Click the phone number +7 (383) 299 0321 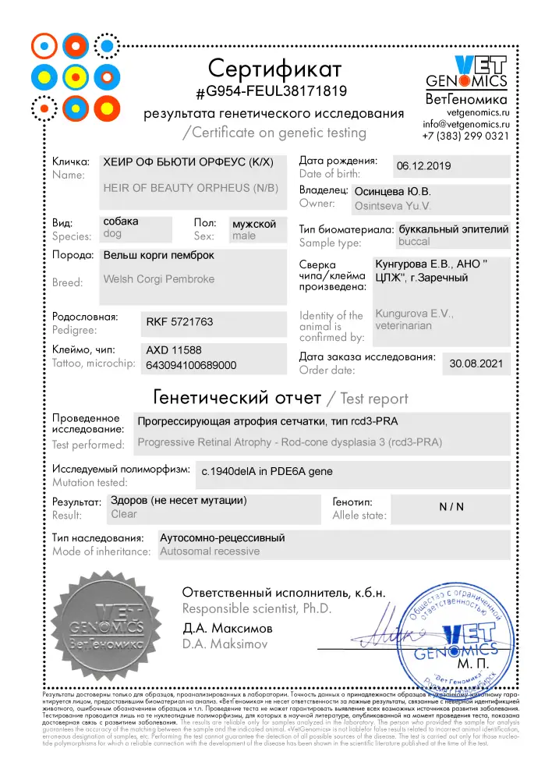[465, 136]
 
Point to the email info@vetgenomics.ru [466, 124]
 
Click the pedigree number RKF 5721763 [179, 321]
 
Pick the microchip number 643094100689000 [192, 364]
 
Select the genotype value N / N [451, 507]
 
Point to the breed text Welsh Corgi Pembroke [159, 278]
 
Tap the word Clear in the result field [124, 514]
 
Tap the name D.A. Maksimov [226, 645]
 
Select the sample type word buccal [414, 243]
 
